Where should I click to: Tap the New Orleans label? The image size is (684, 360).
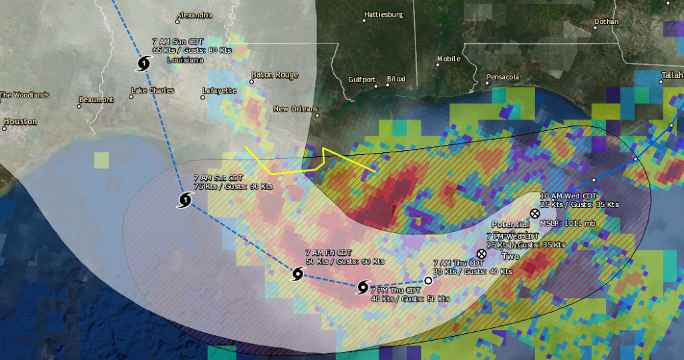coord(296,109)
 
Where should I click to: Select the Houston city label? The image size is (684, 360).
coord(20,122)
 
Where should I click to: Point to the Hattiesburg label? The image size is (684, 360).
coord(383,14)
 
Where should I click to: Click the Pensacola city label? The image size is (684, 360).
coord(503,77)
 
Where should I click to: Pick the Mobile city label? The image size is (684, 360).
coord(449,59)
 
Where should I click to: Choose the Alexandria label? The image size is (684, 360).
coord(194,15)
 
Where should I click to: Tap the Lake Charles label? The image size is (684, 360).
coord(152,91)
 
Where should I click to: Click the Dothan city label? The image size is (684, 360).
coord(606,21)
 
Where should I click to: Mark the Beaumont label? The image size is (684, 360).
coord(96,100)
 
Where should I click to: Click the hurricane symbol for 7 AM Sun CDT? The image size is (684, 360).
coord(144,64)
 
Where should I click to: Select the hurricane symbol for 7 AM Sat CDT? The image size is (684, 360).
coord(185,200)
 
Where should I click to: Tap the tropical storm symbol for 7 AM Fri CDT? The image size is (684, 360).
coord(298,274)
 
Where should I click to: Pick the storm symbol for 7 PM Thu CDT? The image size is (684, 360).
coord(363,287)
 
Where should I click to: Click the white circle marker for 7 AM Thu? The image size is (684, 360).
coord(429,281)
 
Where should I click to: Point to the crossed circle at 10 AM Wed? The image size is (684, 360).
coord(534,213)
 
